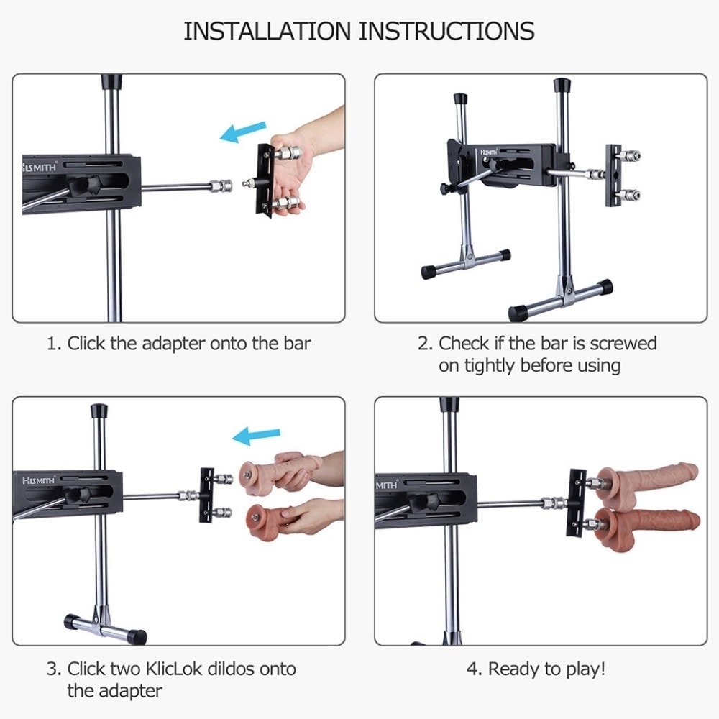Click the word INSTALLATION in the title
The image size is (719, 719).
(267, 31)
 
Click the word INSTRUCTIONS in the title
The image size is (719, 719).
(446, 31)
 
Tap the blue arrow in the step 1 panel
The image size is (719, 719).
(242, 132)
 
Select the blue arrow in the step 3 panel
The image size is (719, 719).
(257, 436)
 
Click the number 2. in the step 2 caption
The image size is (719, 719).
(425, 344)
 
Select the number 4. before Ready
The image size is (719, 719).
(474, 669)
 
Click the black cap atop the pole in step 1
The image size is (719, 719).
(111, 81)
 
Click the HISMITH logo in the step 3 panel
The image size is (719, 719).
(39, 480)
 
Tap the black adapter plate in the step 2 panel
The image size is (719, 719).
(613, 175)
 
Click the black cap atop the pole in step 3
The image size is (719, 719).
(99, 411)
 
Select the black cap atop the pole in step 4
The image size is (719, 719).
(449, 404)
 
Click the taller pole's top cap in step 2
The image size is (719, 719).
(562, 86)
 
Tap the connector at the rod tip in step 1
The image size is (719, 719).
(221, 186)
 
